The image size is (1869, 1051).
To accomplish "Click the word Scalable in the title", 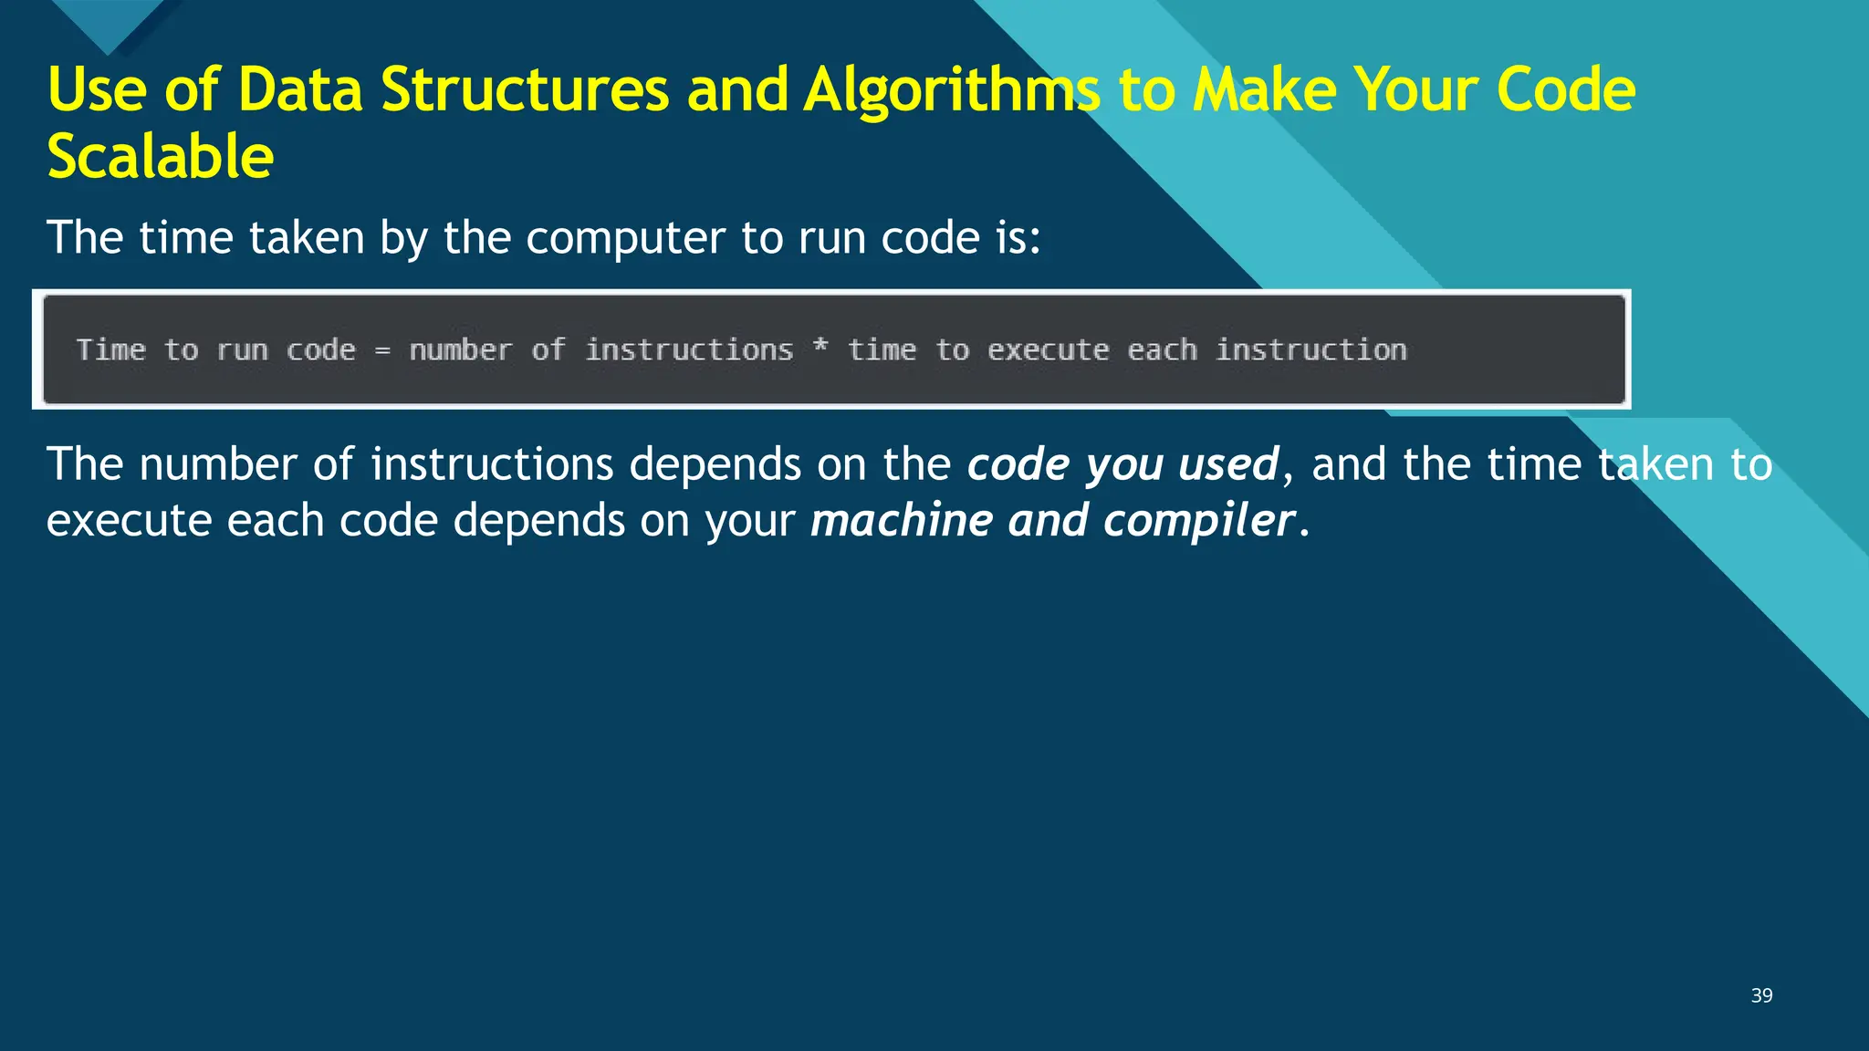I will tap(160, 156).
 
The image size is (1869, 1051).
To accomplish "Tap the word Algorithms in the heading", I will tap(952, 90).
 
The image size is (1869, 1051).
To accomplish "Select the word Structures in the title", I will tap(525, 90).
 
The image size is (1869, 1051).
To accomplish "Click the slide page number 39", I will tap(1761, 995).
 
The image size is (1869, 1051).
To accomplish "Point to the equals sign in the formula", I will tap(382, 350).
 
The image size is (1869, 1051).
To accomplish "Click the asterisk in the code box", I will tap(820, 347).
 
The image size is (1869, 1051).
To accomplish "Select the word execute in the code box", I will tap(1048, 350).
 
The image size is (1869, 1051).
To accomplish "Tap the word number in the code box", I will tap(460, 350).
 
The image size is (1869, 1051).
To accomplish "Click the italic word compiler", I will tap(1198, 521).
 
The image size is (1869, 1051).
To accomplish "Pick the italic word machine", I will tap(901, 521).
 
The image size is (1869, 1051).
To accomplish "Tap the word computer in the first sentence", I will tap(624, 238).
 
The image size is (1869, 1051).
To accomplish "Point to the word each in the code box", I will tap(1162, 350).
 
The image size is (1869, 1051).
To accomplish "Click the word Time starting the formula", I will tap(111, 350).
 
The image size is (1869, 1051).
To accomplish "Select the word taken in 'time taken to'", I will tap(1655, 464).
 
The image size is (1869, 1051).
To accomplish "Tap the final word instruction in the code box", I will tap(1311, 350).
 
